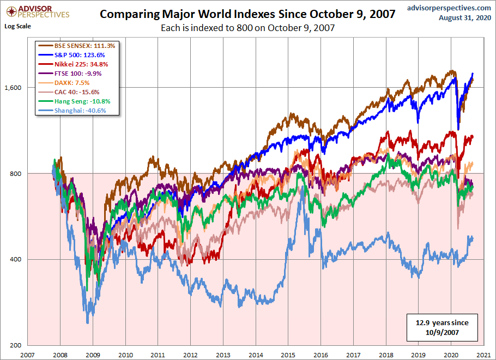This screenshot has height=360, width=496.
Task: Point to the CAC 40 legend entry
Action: (x=72, y=92)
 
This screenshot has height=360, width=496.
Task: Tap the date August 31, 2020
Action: (x=465, y=17)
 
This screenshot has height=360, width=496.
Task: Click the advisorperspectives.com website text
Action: (x=449, y=7)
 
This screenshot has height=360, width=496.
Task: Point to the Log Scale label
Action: (x=17, y=26)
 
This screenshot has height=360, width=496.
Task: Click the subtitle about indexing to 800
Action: (x=247, y=28)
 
